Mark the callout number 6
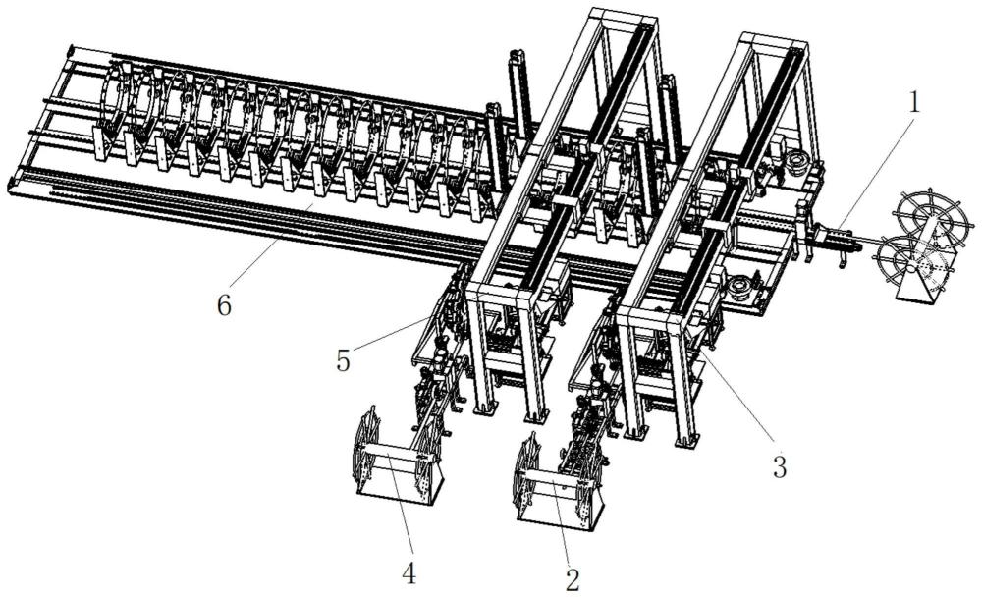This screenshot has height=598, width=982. (x=224, y=305)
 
